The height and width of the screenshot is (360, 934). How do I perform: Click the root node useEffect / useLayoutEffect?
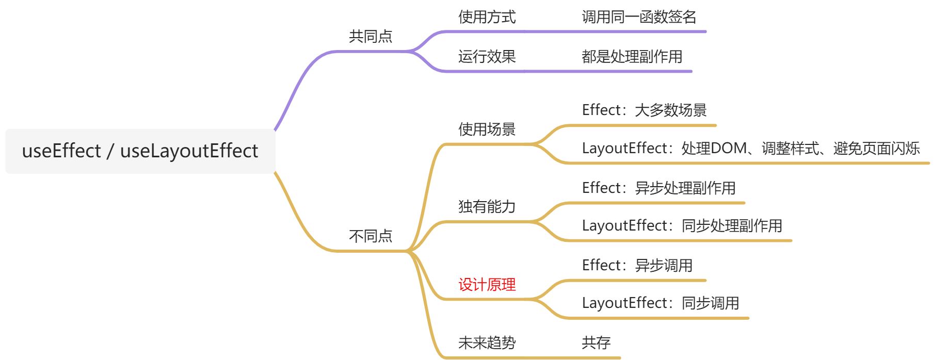point(140,151)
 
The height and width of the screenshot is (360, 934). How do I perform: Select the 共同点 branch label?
point(371,36)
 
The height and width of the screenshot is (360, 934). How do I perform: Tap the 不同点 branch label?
point(371,236)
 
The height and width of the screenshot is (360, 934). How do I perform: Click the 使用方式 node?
point(487,17)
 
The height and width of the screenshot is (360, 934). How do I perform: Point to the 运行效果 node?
point(487,56)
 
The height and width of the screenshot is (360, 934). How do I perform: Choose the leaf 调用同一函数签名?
point(639,17)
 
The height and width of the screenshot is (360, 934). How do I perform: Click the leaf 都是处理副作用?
point(632,56)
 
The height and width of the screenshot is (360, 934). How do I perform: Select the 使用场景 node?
point(487,129)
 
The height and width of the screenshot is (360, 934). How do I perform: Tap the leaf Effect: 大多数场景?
point(644,110)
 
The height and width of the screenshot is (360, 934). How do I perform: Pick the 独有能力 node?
point(487,206)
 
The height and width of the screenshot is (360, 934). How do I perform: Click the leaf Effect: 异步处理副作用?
point(658,188)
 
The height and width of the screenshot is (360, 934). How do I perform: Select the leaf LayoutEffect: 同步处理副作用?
point(682,225)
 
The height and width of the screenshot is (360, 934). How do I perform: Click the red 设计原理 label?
point(487,284)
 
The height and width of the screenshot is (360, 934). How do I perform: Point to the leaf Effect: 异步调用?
point(637,265)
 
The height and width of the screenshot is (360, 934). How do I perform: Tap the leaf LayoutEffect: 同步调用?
point(660,303)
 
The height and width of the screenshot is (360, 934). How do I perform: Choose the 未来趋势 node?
point(487,342)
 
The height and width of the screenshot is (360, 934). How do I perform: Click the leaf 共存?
point(596,342)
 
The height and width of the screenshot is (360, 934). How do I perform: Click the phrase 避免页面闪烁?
point(876,149)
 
